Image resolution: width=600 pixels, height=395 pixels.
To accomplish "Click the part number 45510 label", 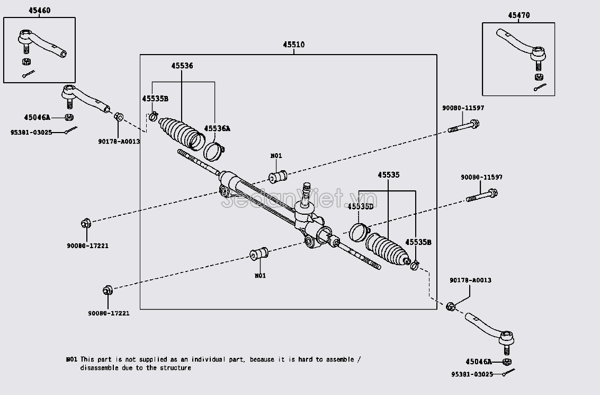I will [x=293, y=45].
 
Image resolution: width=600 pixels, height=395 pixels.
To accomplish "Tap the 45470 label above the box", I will [x=518, y=15].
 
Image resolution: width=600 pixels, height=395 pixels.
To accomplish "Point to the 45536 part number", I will [x=182, y=66].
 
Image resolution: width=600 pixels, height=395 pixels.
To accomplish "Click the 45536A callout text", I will [x=218, y=128].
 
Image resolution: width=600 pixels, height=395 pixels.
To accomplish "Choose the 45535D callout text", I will [x=360, y=206].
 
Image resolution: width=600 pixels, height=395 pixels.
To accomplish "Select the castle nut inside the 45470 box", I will [x=539, y=76].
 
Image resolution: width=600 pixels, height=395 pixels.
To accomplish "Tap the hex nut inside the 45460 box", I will [x=25, y=61].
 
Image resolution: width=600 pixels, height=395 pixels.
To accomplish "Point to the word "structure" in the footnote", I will [x=174, y=367].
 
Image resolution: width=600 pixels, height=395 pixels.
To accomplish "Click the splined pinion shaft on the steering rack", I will [x=306, y=190].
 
